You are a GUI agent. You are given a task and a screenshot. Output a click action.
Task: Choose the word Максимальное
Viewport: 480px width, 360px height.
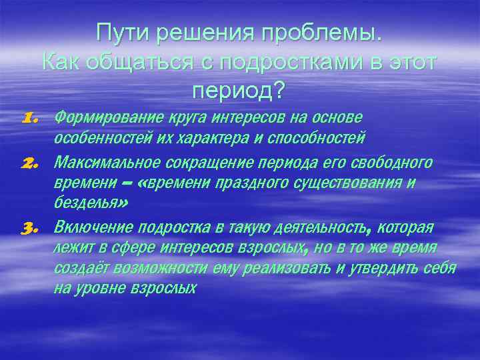pyautogui.click(x=97, y=163)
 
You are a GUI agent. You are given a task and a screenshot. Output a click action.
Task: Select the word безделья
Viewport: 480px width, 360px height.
pyautogui.click(x=86, y=205)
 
